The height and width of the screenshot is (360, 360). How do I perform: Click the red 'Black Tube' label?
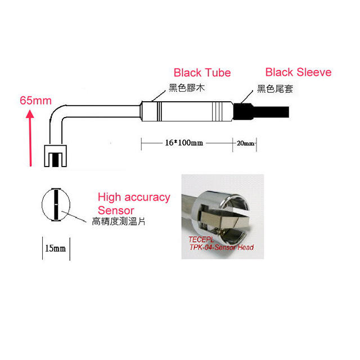coord(202,73)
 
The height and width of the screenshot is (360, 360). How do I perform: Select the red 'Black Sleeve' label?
coord(298,72)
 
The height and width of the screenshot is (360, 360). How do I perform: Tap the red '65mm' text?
coord(35,101)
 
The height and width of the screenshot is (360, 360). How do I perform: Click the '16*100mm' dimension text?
coord(184,142)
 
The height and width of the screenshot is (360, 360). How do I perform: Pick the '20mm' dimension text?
coord(246,143)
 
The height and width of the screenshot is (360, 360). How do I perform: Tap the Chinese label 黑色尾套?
coord(276,88)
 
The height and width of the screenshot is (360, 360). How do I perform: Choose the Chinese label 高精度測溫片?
coord(119,222)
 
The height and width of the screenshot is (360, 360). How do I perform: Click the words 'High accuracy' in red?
coord(134,197)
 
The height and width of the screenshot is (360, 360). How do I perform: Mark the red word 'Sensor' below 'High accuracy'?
coord(116,210)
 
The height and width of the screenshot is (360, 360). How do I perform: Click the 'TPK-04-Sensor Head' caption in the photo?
coord(222,247)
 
